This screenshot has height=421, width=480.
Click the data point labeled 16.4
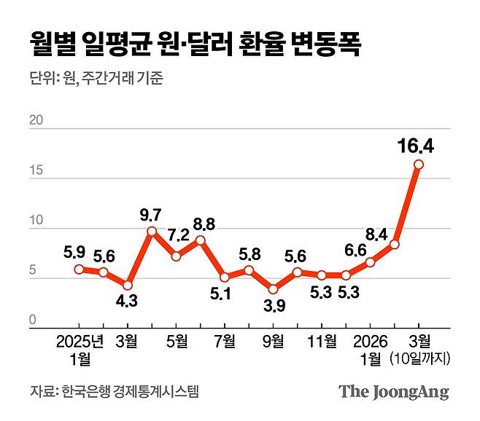coord(418,164)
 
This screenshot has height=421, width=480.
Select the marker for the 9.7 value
coord(152,231)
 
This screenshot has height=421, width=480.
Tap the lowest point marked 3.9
coord(273,288)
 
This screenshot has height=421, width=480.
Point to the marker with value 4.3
coord(128,285)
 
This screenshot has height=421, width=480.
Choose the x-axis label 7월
coord(225,340)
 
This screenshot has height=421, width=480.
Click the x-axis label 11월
coord(321,340)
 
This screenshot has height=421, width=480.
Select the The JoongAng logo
coord(393,392)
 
